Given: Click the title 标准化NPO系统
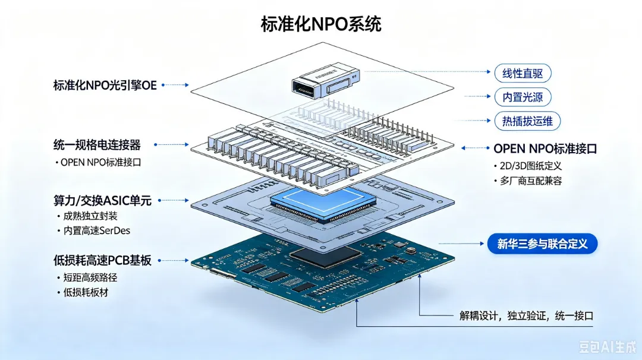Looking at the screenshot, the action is coord(321,24).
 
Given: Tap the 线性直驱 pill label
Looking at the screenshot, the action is coord(523,74).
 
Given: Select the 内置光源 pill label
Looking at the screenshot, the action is coord(523,97).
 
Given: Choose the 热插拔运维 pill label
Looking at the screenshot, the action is coord(527,121).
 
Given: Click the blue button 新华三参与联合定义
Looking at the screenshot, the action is coord(542,244).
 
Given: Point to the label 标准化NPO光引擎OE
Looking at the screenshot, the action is coord(105,85).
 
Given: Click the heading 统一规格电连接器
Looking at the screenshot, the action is coord(97,145).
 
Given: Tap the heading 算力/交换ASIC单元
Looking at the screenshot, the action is coord(102,200).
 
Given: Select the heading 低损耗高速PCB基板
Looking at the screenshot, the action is coord(102,260).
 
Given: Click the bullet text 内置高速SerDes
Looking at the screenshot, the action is coord(97,230).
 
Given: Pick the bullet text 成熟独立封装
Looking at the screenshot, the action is coord(90,216).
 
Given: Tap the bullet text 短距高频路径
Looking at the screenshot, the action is coord(90,278).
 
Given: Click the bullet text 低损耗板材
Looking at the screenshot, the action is coord(86,292).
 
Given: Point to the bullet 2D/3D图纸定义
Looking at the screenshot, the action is coord(531,166).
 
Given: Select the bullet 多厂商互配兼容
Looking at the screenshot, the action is coord(531,181).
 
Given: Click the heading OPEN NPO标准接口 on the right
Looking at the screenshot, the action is coord(545,149).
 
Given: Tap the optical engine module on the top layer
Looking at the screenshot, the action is coord(326,81).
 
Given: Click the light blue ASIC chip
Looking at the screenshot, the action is coord(323,203).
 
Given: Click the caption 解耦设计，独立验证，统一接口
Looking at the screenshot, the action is coord(526,316).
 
